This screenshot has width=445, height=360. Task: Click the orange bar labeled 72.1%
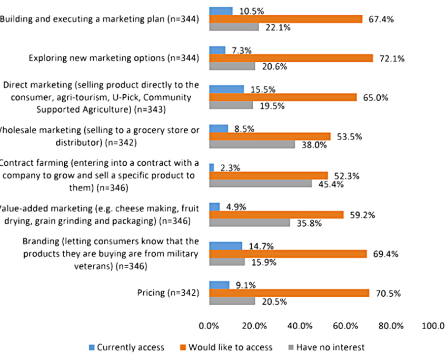[x=291, y=58]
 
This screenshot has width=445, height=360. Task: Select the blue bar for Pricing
[x=220, y=285]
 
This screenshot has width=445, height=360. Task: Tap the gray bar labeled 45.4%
[x=261, y=184]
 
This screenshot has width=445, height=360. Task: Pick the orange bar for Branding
[x=288, y=254]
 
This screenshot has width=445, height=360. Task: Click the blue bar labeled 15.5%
[x=226, y=89]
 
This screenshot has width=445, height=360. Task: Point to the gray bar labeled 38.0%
[x=252, y=144]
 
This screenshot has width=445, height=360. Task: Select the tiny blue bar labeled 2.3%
[x=212, y=167]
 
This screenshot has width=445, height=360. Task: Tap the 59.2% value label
[x=362, y=215]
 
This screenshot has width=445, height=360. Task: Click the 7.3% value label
[x=241, y=51]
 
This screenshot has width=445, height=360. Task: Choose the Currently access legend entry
[x=125, y=347]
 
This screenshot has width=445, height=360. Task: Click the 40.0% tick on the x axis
[x=300, y=325]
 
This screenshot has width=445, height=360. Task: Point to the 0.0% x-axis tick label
[x=209, y=325]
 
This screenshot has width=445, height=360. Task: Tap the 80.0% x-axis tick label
[x=391, y=325]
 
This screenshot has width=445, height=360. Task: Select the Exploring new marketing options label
[x=114, y=58]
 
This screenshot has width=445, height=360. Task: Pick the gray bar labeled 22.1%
[x=234, y=27]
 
